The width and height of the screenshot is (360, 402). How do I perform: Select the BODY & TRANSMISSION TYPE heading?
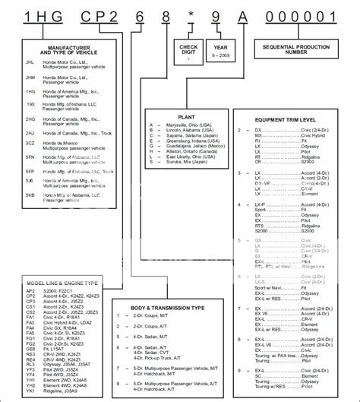click(x=169, y=287)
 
